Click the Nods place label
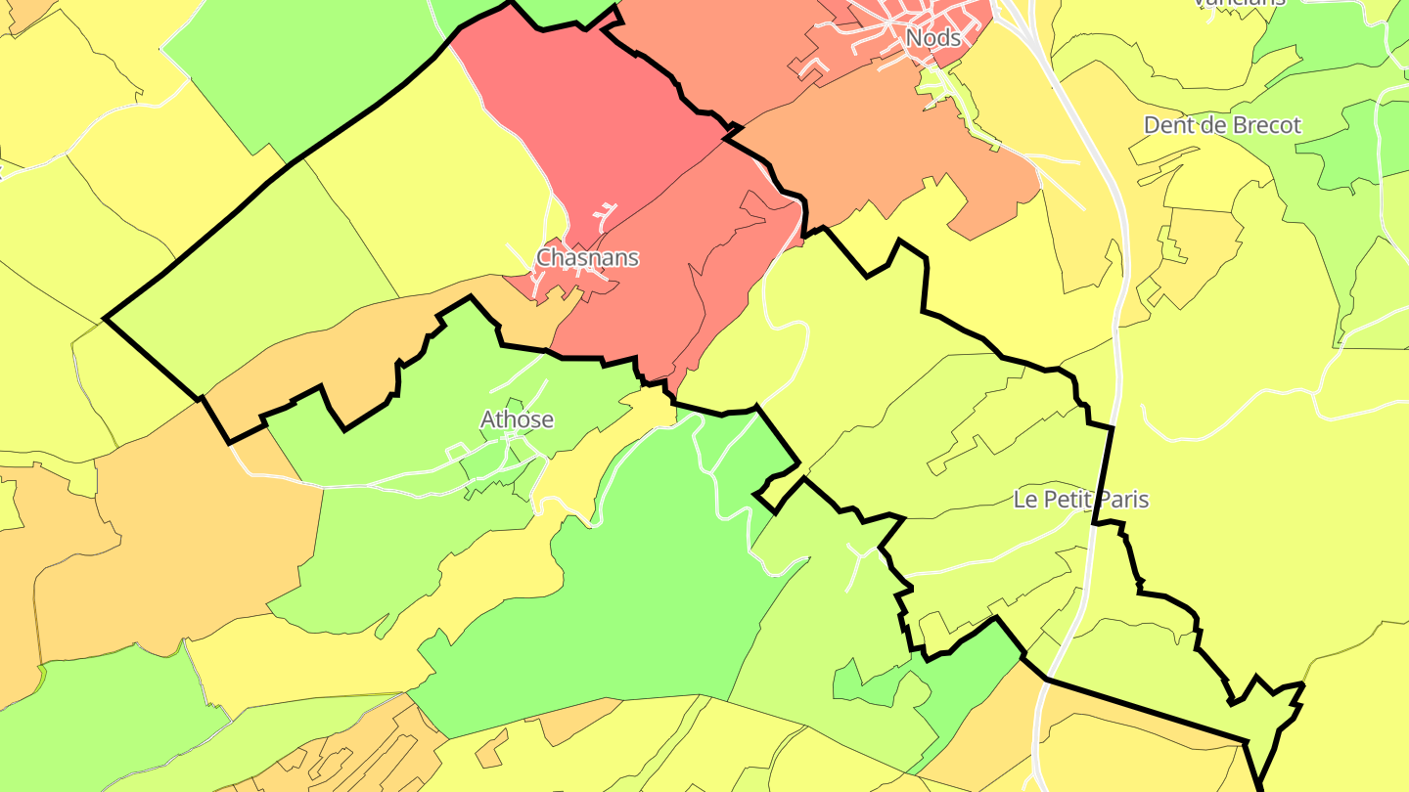(932, 38)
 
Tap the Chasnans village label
(587, 258)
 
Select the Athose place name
(517, 419)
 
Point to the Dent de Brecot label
(1222, 125)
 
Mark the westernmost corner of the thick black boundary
(105, 319)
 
